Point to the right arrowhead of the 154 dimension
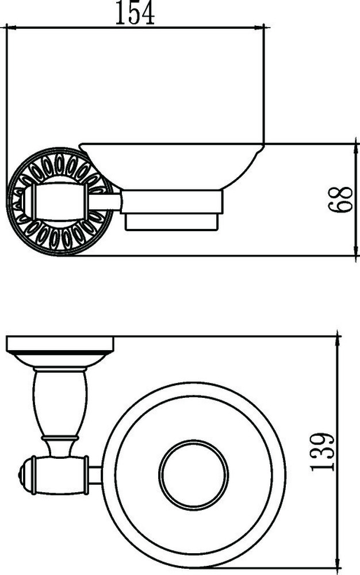pyautogui.click(x=260, y=26)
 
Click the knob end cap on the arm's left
pyautogui.click(x=22, y=475)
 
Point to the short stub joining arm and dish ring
pyautogui.click(x=95, y=474)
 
